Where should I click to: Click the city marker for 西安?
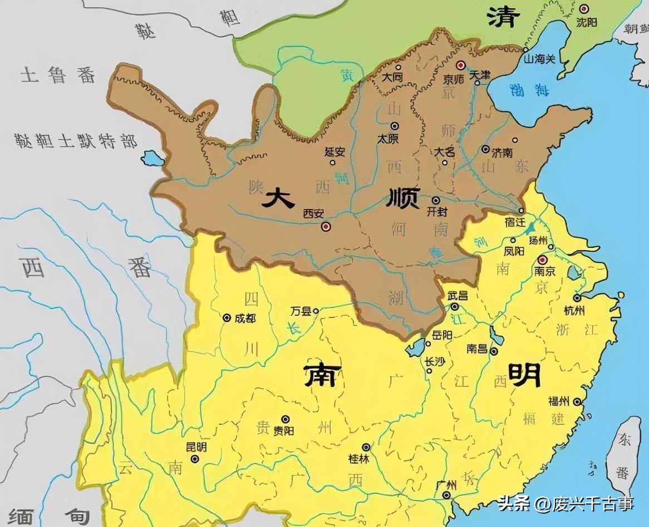coord(326,226)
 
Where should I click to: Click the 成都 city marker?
coord(227,318)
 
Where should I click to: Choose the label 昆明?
coord(195,447)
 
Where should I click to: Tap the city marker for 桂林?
coord(366,447)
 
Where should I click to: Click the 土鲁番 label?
coord(58,75)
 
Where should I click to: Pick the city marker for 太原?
coord(395,126)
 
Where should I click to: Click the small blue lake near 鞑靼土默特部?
coord(152,158)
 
